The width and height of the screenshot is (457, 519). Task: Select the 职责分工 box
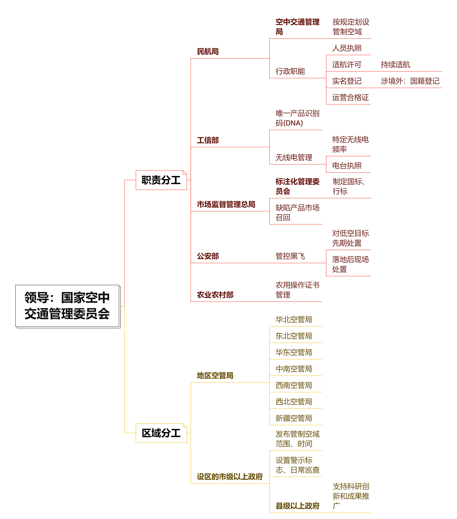pyautogui.click(x=161, y=180)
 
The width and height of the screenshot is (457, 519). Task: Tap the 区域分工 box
pyautogui.click(x=161, y=433)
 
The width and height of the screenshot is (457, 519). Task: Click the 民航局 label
pyautogui.click(x=208, y=51)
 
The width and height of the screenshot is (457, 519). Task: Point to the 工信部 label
pyautogui.click(x=208, y=140)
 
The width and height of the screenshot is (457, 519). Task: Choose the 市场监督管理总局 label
pyautogui.click(x=226, y=204)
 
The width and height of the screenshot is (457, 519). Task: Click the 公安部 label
pyautogui.click(x=208, y=256)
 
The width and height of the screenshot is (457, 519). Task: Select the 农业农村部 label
pyautogui.click(x=215, y=295)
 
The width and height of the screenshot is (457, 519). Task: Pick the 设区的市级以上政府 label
pyautogui.click(x=230, y=477)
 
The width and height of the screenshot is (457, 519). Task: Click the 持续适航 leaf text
pyautogui.click(x=396, y=64)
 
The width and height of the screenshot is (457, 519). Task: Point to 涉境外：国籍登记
pyautogui.click(x=410, y=81)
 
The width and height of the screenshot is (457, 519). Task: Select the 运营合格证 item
pyautogui.click(x=350, y=97)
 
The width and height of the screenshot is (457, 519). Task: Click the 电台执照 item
pyautogui.click(x=347, y=166)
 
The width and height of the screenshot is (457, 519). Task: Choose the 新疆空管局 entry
pyautogui.click(x=294, y=418)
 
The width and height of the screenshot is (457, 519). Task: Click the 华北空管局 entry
pyautogui.click(x=294, y=319)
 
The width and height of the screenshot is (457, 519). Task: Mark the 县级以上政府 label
pyautogui.click(x=298, y=506)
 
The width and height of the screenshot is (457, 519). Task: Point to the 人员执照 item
pyautogui.click(x=347, y=48)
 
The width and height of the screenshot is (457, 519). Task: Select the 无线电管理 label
pyautogui.click(x=294, y=157)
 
